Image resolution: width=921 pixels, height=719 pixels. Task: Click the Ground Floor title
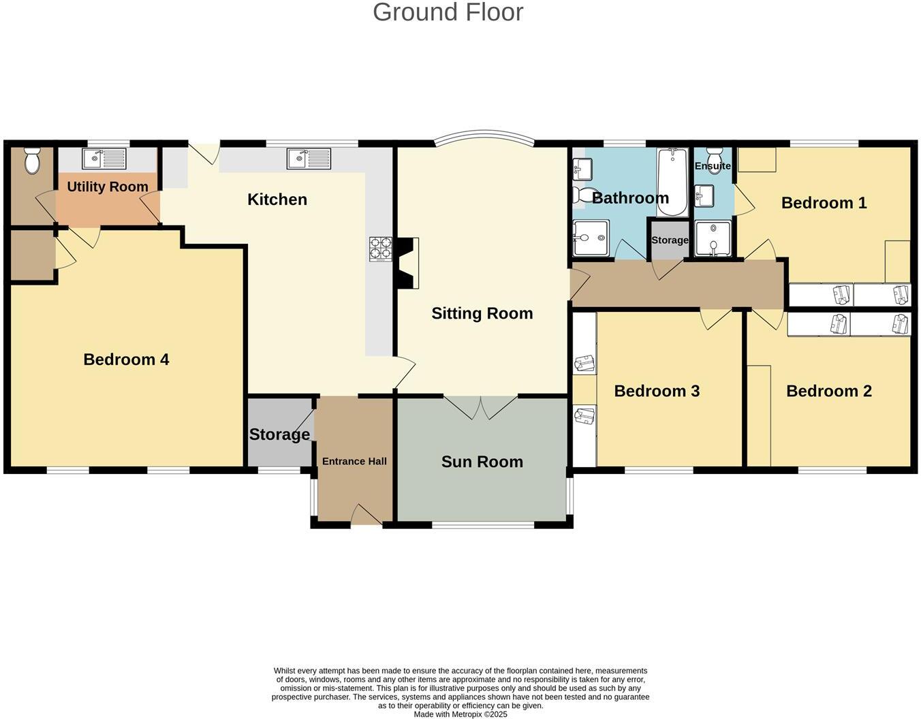coord(448,12)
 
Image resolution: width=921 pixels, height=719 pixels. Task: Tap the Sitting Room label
coord(482,313)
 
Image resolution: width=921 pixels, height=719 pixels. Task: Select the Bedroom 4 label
coord(126,359)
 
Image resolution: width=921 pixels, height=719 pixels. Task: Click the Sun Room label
coord(482,462)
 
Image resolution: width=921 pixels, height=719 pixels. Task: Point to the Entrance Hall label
coord(354,461)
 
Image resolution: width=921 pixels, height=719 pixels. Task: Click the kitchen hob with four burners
coord(381,249)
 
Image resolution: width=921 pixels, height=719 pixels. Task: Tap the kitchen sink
coord(308,159)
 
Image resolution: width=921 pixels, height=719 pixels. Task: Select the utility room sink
coord(104,159)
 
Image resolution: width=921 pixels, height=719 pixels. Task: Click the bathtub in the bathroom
coord(672,182)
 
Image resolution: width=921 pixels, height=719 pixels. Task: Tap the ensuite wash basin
coord(704,195)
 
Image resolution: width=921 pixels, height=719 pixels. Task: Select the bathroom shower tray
coord(590,238)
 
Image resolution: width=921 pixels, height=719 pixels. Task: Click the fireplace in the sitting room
coord(408,263)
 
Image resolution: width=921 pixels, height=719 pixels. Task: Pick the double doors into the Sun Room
coord(481,406)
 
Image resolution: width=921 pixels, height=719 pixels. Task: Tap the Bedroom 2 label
coord(828,391)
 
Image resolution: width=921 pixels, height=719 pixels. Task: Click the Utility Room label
coord(108,187)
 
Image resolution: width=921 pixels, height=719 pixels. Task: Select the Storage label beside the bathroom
coord(670,240)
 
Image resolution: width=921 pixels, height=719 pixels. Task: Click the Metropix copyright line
coord(460,714)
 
